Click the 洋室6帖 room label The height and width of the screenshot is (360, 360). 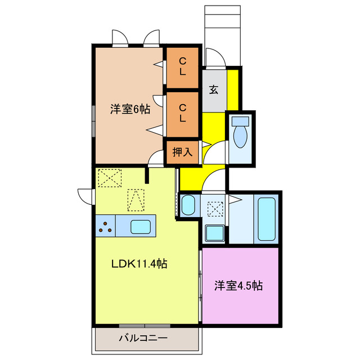(x=129, y=109)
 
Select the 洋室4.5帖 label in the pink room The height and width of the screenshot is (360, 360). (x=238, y=285)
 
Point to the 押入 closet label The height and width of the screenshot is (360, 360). (x=182, y=152)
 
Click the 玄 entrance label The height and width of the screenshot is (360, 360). (x=214, y=89)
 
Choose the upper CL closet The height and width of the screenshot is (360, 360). (x=183, y=66)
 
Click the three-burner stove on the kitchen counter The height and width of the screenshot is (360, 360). (x=105, y=227)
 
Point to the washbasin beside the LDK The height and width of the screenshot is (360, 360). (x=188, y=205)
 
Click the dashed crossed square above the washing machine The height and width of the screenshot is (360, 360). (x=215, y=209)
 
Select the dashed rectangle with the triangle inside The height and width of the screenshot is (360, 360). (x=136, y=199)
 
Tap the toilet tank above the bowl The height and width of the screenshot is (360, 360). (x=240, y=120)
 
